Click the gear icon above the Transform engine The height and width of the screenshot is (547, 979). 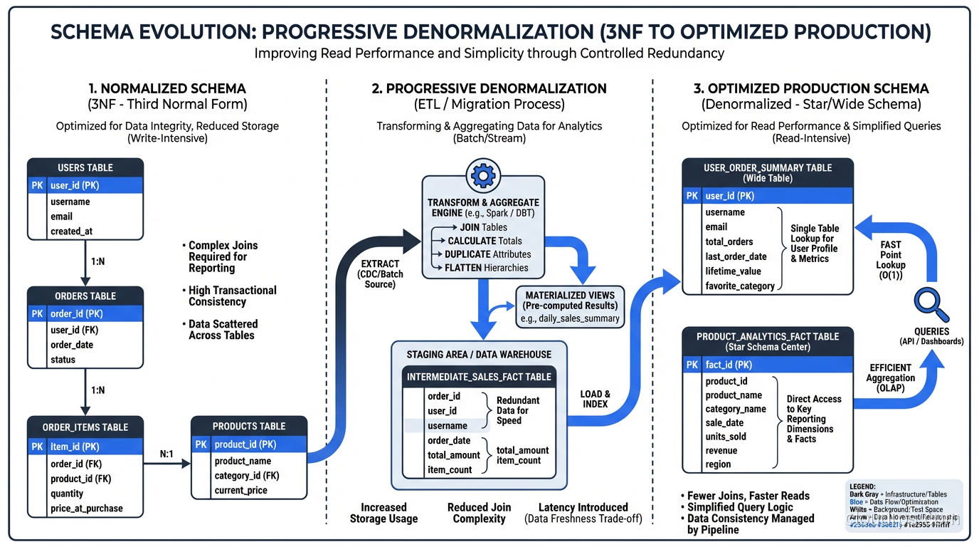(x=483, y=175)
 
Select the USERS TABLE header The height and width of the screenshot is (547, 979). (x=85, y=167)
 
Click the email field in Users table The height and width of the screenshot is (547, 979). (x=61, y=217)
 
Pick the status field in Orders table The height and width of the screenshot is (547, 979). (x=63, y=360)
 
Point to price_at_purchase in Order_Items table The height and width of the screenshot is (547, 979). (x=86, y=509)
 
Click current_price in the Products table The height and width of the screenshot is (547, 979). (x=240, y=491)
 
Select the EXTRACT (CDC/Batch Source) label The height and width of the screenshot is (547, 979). (x=380, y=273)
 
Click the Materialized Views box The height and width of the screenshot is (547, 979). (x=571, y=306)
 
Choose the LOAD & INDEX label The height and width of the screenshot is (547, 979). (x=596, y=399)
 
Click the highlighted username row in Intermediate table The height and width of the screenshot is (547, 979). (x=447, y=426)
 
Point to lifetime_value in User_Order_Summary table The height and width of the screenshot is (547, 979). (x=733, y=271)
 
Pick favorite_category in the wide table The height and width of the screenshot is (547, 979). (x=739, y=286)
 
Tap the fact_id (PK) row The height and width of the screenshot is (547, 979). (x=729, y=365)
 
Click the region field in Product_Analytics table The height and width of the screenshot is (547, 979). (x=718, y=464)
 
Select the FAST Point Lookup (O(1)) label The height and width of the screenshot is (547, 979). (x=890, y=260)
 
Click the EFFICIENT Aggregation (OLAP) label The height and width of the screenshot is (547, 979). (x=890, y=378)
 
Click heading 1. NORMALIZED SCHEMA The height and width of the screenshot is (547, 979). (x=167, y=89)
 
